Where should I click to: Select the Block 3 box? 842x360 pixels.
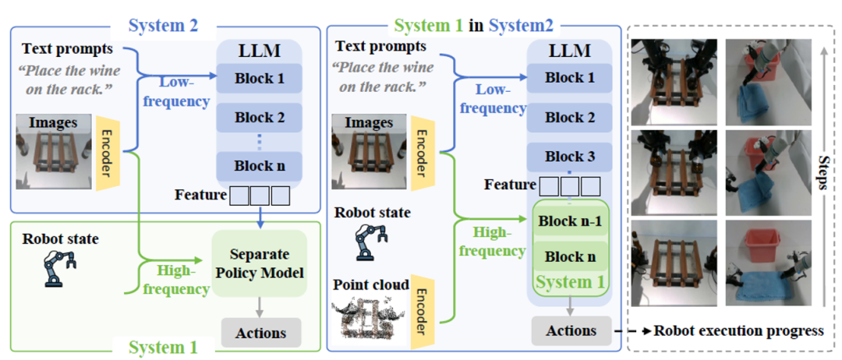[x=569, y=156]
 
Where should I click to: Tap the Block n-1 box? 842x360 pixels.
[x=569, y=221]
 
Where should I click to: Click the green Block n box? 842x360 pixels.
[x=569, y=256]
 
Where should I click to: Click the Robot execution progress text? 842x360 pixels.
[x=738, y=330]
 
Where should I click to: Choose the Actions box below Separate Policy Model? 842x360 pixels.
[x=260, y=333]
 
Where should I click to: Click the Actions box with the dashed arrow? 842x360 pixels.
[x=570, y=330]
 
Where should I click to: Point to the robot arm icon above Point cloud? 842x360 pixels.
[x=372, y=242]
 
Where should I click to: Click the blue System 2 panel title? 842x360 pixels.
[x=164, y=25]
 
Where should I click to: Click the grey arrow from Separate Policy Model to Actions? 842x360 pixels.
[x=260, y=308]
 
